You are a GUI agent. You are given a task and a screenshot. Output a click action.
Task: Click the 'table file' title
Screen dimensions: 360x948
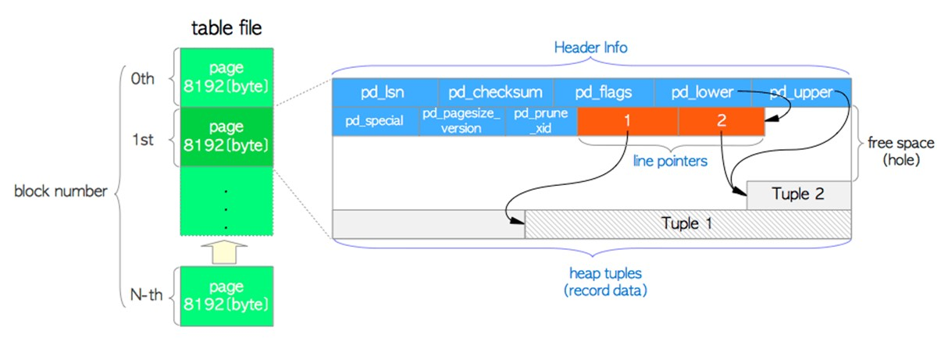pyautogui.click(x=226, y=30)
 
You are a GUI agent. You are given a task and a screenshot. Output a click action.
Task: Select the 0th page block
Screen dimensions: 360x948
pyautogui.click(x=226, y=78)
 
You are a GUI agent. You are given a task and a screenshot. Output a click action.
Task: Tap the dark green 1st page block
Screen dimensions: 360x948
pyautogui.click(x=226, y=137)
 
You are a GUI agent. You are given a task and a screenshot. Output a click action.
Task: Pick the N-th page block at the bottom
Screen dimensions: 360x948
pyautogui.click(x=226, y=295)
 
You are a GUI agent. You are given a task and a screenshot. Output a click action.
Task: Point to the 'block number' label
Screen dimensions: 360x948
pyautogui.click(x=60, y=191)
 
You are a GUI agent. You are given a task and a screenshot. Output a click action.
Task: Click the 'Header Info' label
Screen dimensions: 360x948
pyautogui.click(x=590, y=48)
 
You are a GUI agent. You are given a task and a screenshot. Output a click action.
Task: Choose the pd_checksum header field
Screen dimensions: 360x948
pyautogui.click(x=495, y=92)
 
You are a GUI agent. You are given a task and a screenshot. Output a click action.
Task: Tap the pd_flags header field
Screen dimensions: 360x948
pyautogui.click(x=603, y=92)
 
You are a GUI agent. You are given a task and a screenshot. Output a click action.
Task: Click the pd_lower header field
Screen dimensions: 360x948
pyautogui.click(x=702, y=92)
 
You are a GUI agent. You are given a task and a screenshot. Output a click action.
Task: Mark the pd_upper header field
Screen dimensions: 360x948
pyautogui.click(x=801, y=92)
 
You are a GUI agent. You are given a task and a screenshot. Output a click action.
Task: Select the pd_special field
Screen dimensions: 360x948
pyautogui.click(x=376, y=121)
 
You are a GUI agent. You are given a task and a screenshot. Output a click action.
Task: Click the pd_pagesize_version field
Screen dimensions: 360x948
pyautogui.click(x=461, y=121)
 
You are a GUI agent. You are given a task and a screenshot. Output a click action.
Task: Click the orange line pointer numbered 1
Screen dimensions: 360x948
pyautogui.click(x=628, y=121)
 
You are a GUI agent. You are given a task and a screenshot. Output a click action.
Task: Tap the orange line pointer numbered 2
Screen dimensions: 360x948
pyautogui.click(x=721, y=121)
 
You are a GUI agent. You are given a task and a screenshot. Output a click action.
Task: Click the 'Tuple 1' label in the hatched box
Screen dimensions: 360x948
pyautogui.click(x=687, y=223)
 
